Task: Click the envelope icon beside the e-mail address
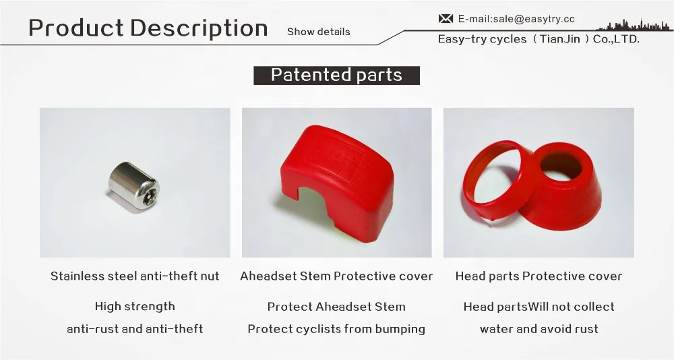tap(446, 19)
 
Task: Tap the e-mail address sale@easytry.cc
tap(516, 19)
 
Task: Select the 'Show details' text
tap(319, 32)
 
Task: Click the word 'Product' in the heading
tap(75, 28)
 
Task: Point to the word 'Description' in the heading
tap(199, 28)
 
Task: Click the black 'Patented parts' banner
tap(336, 75)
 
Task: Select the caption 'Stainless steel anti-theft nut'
tap(135, 276)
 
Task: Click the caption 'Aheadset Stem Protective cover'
tap(336, 276)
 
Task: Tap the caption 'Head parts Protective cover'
tap(539, 276)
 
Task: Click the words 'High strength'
tap(135, 306)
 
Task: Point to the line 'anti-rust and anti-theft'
tap(135, 329)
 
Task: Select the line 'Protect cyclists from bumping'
tap(336, 329)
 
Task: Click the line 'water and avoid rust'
tap(539, 329)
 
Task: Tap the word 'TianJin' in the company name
tap(560, 39)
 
